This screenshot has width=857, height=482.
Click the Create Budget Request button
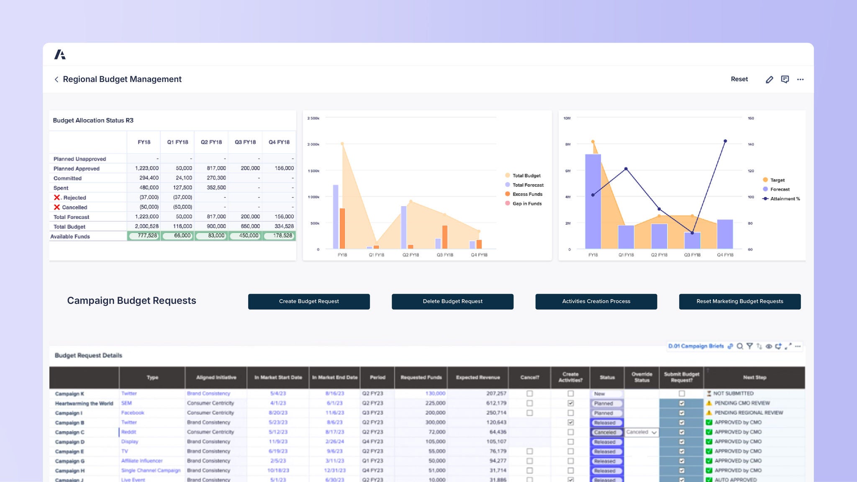[x=309, y=301]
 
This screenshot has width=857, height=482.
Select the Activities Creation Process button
[x=596, y=301]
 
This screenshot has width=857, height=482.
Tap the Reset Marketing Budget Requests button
[x=739, y=301]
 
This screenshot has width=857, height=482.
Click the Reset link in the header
[x=739, y=79]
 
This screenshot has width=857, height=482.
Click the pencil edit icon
[x=769, y=79]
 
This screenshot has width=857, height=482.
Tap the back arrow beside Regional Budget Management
[x=56, y=79]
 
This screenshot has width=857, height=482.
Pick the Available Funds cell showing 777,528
[x=144, y=236]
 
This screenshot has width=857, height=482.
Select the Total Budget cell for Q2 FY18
[x=216, y=226]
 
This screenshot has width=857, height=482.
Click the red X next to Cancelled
[x=57, y=207]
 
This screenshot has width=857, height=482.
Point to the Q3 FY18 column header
[x=245, y=142]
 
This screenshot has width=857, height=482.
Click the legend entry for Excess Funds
[x=527, y=194]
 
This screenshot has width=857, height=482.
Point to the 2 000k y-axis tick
[x=313, y=144]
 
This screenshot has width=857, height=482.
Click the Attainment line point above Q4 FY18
[x=725, y=141]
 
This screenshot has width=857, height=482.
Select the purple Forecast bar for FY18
[x=593, y=201]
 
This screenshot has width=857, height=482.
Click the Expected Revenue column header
[x=478, y=377]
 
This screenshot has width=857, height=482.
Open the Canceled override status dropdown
[x=654, y=432]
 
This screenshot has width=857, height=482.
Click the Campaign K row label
[x=69, y=394]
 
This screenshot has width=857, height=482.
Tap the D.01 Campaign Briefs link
[x=695, y=346]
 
